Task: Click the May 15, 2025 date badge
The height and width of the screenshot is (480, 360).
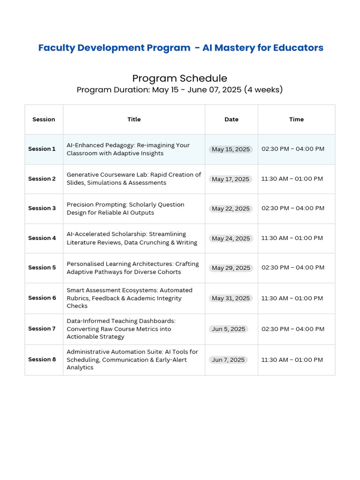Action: click(231, 149)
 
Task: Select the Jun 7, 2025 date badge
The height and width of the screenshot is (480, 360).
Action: click(228, 360)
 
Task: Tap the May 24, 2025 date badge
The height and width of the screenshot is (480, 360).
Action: click(231, 238)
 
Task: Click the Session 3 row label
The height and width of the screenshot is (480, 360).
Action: click(42, 208)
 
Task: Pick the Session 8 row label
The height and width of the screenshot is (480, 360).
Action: click(42, 360)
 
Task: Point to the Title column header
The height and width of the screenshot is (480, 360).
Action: click(134, 120)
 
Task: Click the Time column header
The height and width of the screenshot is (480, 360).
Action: click(296, 120)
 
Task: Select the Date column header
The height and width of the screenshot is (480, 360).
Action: click(232, 120)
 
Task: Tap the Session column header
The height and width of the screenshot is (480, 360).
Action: click(44, 120)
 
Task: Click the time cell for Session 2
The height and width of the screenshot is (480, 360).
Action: click(292, 179)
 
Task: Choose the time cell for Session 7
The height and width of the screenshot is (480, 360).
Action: click(293, 329)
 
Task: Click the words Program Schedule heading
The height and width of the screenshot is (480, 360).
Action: click(180, 78)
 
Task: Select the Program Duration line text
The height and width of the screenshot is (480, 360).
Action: click(180, 90)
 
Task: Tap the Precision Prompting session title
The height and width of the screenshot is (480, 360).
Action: click(126, 209)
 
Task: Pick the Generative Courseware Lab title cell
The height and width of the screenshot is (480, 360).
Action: click(134, 179)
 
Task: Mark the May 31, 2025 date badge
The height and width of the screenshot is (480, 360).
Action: click(231, 298)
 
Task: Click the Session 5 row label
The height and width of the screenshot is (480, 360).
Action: click(42, 268)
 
